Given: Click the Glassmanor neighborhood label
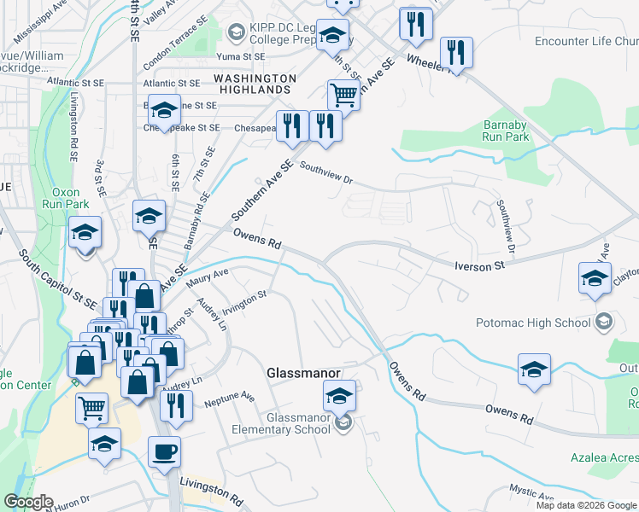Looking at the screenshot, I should tap(305, 374).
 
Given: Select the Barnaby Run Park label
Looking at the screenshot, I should tap(505, 130).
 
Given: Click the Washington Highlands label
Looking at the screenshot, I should tap(255, 83).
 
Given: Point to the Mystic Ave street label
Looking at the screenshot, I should tap(532, 493).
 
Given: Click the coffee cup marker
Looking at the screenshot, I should tap(164, 451).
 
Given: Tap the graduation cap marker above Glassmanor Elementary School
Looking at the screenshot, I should tap(339, 396).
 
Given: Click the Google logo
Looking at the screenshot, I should tap(27, 503).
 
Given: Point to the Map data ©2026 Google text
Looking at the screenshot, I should tap(586, 505).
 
